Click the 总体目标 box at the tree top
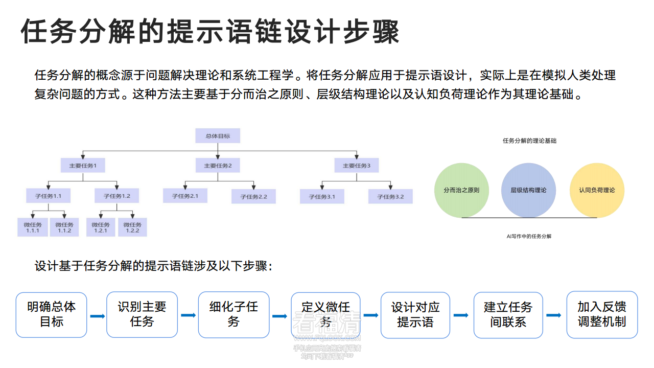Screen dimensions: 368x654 218,136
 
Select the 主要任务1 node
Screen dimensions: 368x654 83,166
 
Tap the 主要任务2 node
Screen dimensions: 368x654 218,166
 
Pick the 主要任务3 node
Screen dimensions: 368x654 356,166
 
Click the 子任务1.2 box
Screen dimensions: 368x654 117,196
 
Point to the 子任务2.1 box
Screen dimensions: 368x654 185,196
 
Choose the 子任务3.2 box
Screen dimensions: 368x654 390,196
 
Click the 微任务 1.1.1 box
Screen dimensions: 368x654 33,227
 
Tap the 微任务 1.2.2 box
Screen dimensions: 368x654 132,227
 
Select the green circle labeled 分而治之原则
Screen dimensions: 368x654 461,190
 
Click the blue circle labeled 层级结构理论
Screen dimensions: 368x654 528,190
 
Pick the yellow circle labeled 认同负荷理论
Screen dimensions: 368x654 597,190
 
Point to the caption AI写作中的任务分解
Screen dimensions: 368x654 529,236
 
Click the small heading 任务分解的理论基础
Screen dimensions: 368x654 529,141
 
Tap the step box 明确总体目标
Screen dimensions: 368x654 51,315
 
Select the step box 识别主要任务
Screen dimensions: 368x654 142,315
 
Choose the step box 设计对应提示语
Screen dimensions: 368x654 415,315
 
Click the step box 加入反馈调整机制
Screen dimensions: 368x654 602,315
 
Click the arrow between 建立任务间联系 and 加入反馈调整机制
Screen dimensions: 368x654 554,315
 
